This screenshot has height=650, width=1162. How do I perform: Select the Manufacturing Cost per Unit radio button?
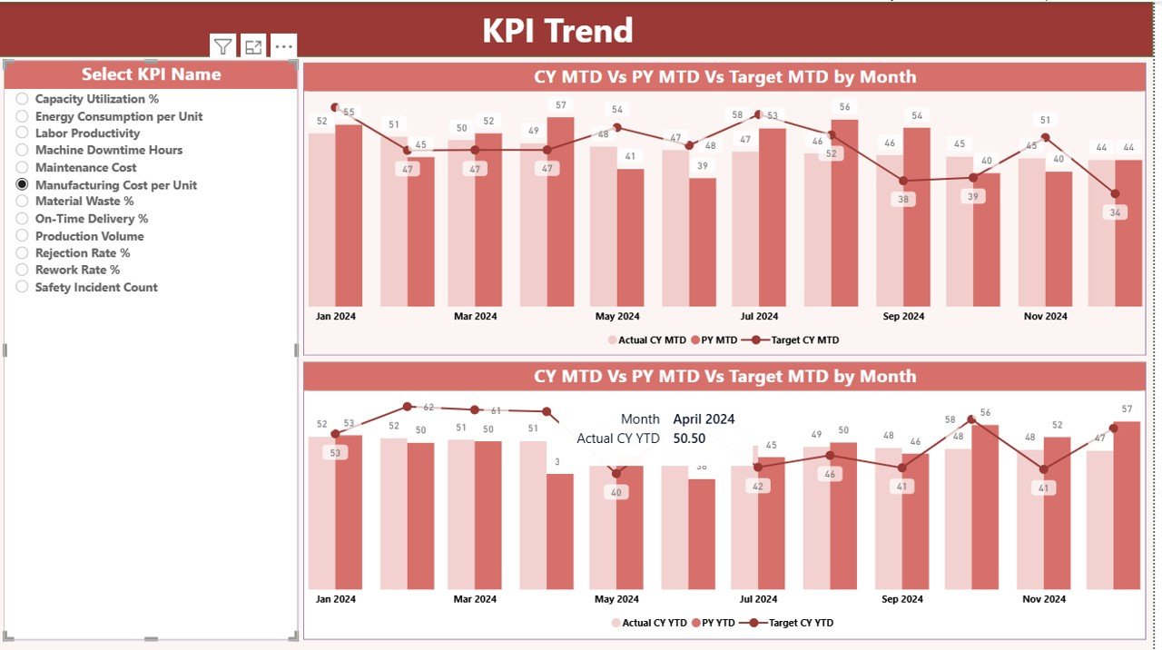click(x=23, y=184)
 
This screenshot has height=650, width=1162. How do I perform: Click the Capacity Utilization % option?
click(x=23, y=99)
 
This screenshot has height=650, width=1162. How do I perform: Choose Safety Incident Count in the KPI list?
click(x=23, y=287)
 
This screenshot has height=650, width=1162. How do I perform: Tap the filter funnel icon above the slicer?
click(x=222, y=47)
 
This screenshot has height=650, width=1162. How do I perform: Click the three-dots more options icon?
click(x=283, y=47)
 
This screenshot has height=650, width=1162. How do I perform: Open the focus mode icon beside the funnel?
click(x=253, y=47)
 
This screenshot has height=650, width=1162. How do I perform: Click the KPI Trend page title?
click(x=557, y=31)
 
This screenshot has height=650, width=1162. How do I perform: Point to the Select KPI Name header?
click(x=151, y=74)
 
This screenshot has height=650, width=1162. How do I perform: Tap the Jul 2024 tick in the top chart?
click(x=759, y=317)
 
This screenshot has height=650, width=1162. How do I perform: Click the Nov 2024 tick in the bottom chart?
click(x=1045, y=599)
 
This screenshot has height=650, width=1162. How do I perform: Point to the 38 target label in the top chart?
click(x=902, y=199)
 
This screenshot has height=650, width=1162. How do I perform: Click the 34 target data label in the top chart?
click(x=1115, y=212)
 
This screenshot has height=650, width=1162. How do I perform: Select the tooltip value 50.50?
click(x=689, y=438)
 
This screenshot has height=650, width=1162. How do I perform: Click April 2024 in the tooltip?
click(x=704, y=419)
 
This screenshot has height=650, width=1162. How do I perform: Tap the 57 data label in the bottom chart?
click(x=1127, y=409)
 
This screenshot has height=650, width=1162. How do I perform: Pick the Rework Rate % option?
click(x=23, y=270)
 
